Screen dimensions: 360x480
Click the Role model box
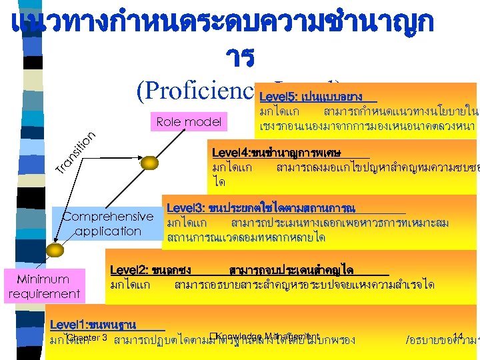(189, 121)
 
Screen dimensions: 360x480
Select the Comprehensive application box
(108, 224)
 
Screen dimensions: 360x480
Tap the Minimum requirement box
(44, 286)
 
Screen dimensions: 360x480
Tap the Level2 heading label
(151, 270)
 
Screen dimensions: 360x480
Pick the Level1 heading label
(93, 325)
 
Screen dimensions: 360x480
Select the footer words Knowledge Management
(269, 336)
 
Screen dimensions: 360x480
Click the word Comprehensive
(108, 217)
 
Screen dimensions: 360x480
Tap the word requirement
(44, 293)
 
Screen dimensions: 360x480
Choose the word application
(108, 231)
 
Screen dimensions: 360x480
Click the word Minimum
(43, 279)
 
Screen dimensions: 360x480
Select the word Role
(169, 121)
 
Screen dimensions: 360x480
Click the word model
(203, 121)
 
